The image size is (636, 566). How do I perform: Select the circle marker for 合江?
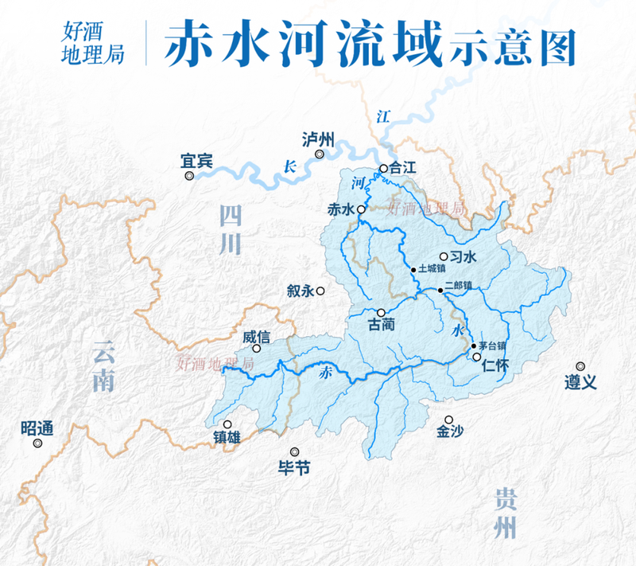[383, 169]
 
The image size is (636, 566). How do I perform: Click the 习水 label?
[463, 256]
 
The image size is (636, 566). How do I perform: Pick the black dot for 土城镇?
[413, 271]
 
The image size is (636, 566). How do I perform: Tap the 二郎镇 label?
[459, 284]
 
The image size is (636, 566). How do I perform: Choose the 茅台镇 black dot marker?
[474, 346]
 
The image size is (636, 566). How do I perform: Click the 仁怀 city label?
[495, 365]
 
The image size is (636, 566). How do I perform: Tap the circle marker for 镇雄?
[228, 425]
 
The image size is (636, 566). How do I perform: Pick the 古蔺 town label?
[382, 326]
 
